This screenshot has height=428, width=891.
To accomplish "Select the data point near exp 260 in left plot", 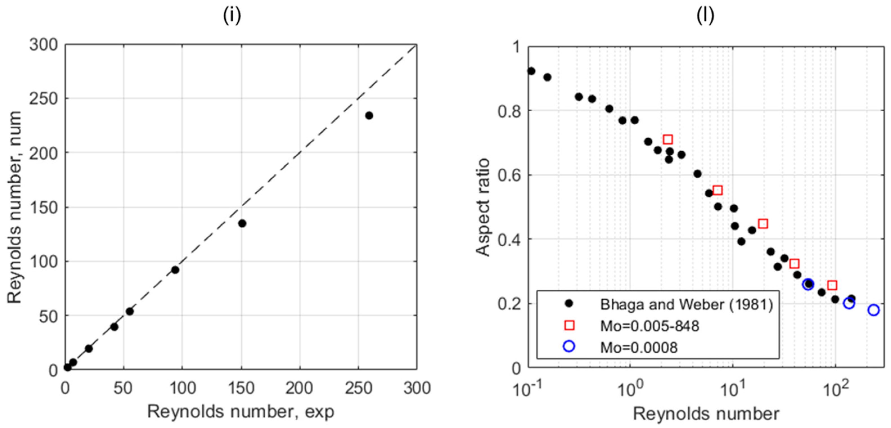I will [369, 116].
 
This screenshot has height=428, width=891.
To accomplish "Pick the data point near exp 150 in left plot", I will [242, 224].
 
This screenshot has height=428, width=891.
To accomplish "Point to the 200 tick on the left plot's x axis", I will [299, 389].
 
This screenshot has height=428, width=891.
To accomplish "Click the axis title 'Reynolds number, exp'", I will [241, 412].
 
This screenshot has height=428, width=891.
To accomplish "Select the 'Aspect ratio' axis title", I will [483, 208].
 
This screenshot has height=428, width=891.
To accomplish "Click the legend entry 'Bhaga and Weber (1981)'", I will [686, 305].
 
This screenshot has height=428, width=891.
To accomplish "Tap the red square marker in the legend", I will [569, 325].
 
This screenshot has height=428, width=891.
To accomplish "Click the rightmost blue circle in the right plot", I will [873, 310].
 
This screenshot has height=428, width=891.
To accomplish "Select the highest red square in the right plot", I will [668, 139].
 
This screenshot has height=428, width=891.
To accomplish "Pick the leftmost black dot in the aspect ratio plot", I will [531, 71].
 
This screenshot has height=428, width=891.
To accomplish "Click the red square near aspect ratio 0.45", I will [763, 224].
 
